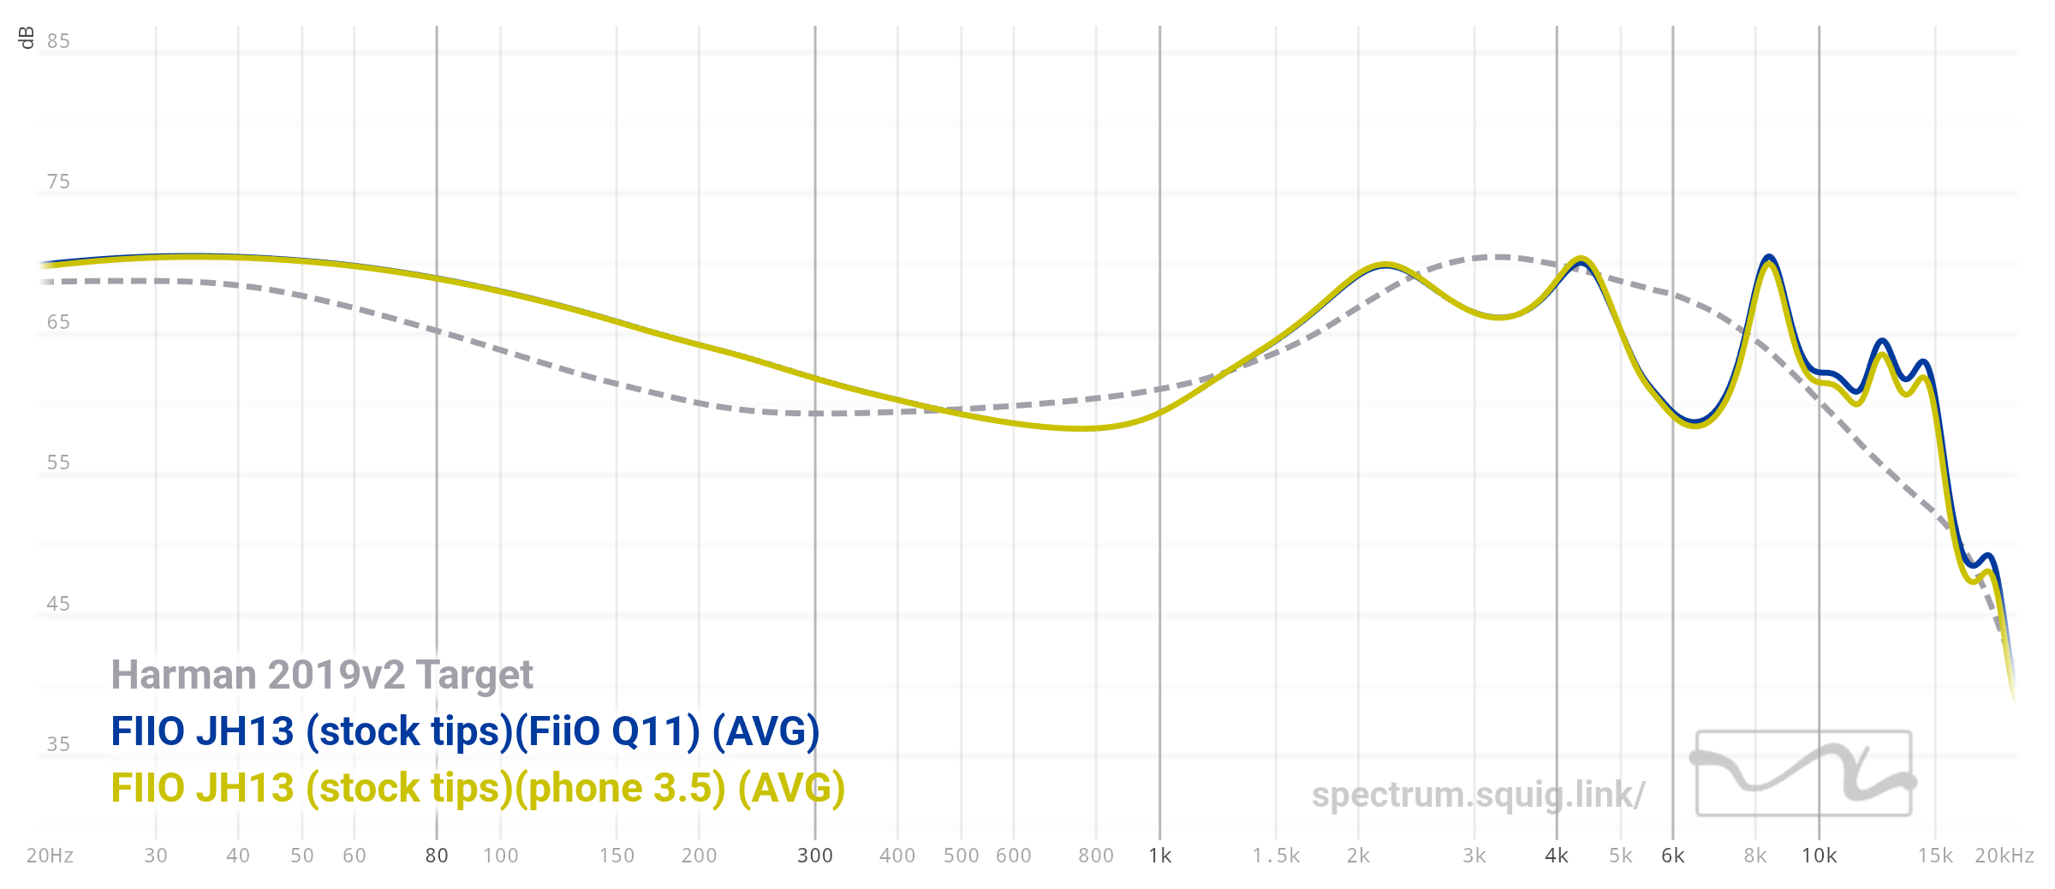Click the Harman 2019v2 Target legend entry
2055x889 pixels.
[322, 675]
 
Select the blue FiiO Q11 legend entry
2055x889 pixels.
[465, 731]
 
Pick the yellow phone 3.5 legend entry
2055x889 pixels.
[478, 788]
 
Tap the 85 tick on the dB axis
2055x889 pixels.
[58, 41]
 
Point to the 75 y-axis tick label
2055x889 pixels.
[58, 182]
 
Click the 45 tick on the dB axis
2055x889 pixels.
[58, 604]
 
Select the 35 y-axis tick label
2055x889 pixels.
[58, 744]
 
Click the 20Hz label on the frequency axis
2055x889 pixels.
[50, 856]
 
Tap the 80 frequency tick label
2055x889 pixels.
[437, 856]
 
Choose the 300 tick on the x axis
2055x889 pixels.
[815, 856]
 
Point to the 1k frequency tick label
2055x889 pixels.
[1160, 856]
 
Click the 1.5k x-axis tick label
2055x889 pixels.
[1276, 856]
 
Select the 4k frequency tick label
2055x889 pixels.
[1557, 856]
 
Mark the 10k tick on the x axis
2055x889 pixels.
[1820, 856]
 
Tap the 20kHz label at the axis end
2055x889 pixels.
[2004, 856]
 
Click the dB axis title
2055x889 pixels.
[27, 38]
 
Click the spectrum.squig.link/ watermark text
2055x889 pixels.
[1478, 795]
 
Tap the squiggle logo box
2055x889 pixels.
[1804, 773]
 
